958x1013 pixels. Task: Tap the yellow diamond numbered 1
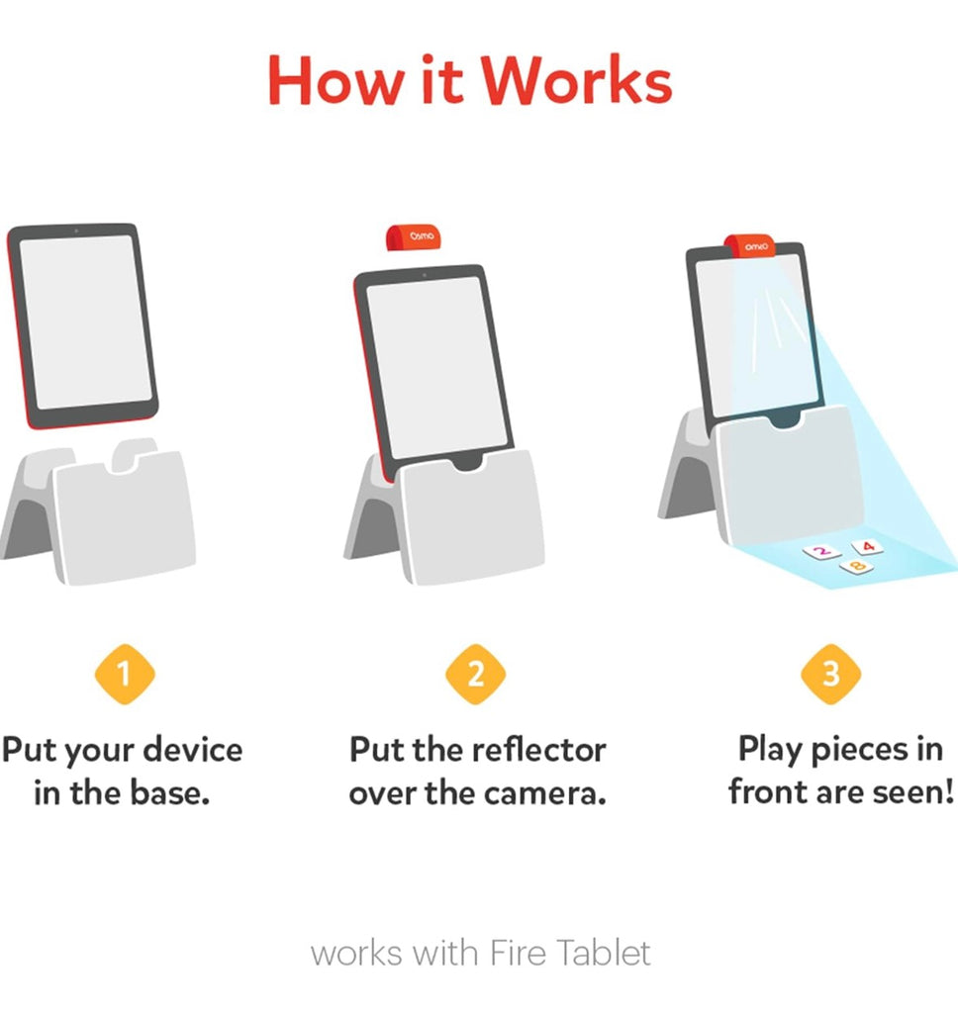(x=125, y=674)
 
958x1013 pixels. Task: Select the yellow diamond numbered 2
(x=476, y=674)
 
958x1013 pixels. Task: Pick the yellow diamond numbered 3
(x=831, y=674)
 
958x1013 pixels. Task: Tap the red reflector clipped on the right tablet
(x=750, y=246)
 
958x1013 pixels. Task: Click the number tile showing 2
(x=821, y=552)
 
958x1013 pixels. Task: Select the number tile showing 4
(x=868, y=547)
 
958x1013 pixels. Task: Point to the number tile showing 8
(x=857, y=567)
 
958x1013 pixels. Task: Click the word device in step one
(x=192, y=750)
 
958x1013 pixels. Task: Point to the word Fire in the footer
(x=518, y=953)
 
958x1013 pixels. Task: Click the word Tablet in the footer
(x=604, y=953)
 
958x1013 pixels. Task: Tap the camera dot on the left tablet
(x=76, y=230)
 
